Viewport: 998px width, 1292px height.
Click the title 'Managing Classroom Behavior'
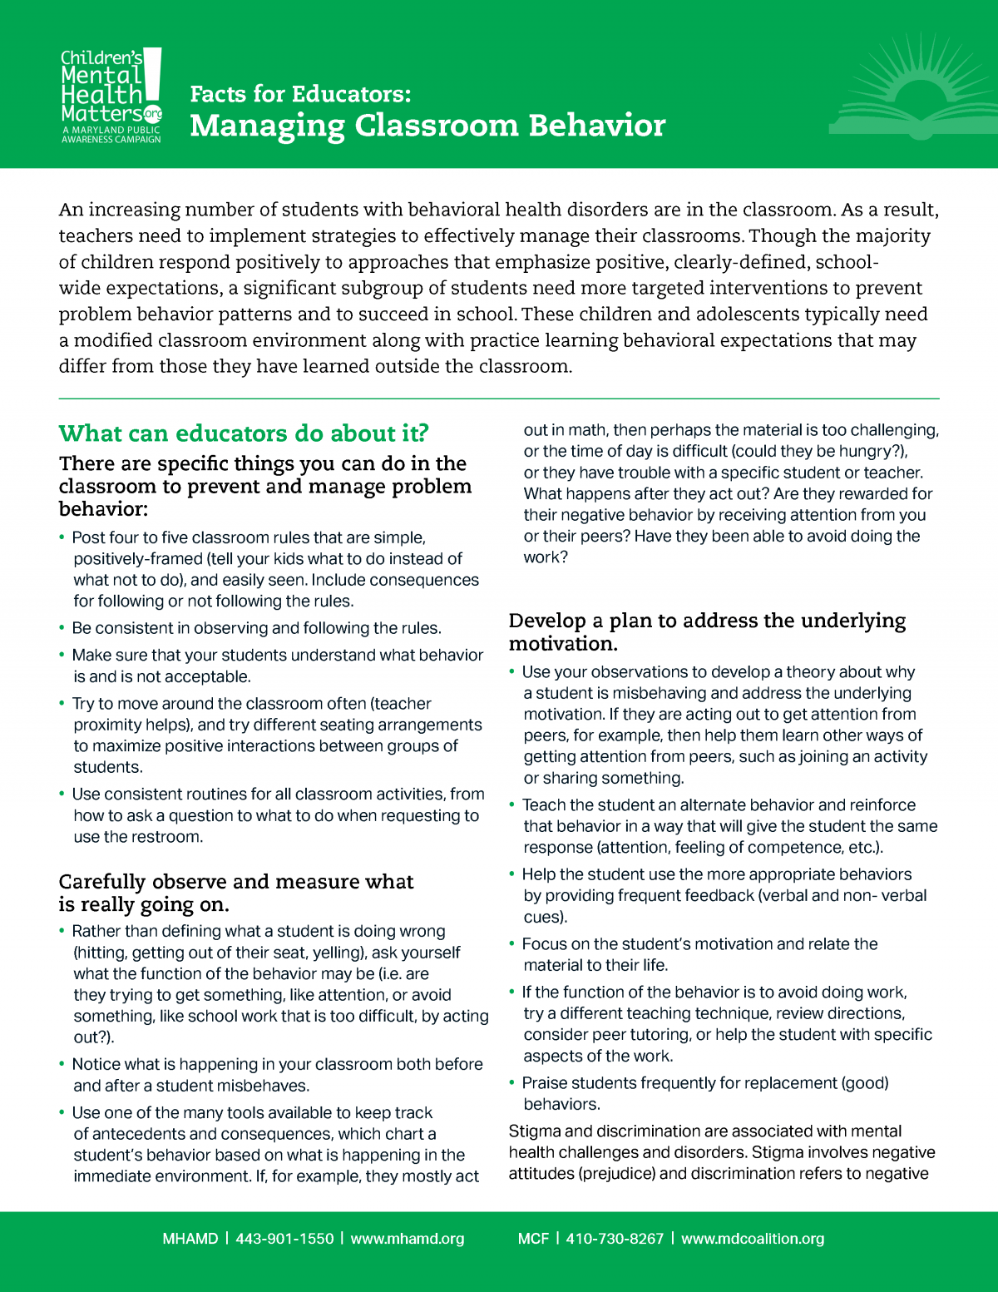tap(427, 126)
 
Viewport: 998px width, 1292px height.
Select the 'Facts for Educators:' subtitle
tap(300, 94)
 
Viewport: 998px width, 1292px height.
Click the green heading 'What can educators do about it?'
tap(244, 433)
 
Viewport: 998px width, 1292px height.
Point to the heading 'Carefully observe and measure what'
tap(236, 882)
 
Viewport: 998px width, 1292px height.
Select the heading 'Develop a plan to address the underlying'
tap(707, 621)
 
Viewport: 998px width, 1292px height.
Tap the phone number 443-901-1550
tap(284, 1239)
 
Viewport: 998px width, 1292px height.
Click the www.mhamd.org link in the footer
tap(408, 1239)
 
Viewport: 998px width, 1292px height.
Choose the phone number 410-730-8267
tap(615, 1239)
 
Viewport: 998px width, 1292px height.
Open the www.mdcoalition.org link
tap(753, 1239)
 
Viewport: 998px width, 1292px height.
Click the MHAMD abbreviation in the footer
tap(190, 1239)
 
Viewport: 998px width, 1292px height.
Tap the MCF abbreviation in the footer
tap(533, 1239)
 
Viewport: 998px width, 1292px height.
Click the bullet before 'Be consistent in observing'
tap(62, 628)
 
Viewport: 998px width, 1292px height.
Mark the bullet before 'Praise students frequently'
tap(512, 1083)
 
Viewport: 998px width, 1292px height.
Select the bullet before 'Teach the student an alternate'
tap(512, 805)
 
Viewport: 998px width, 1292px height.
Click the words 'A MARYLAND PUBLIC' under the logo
tap(111, 131)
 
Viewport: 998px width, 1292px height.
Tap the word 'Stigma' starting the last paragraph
tap(534, 1131)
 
